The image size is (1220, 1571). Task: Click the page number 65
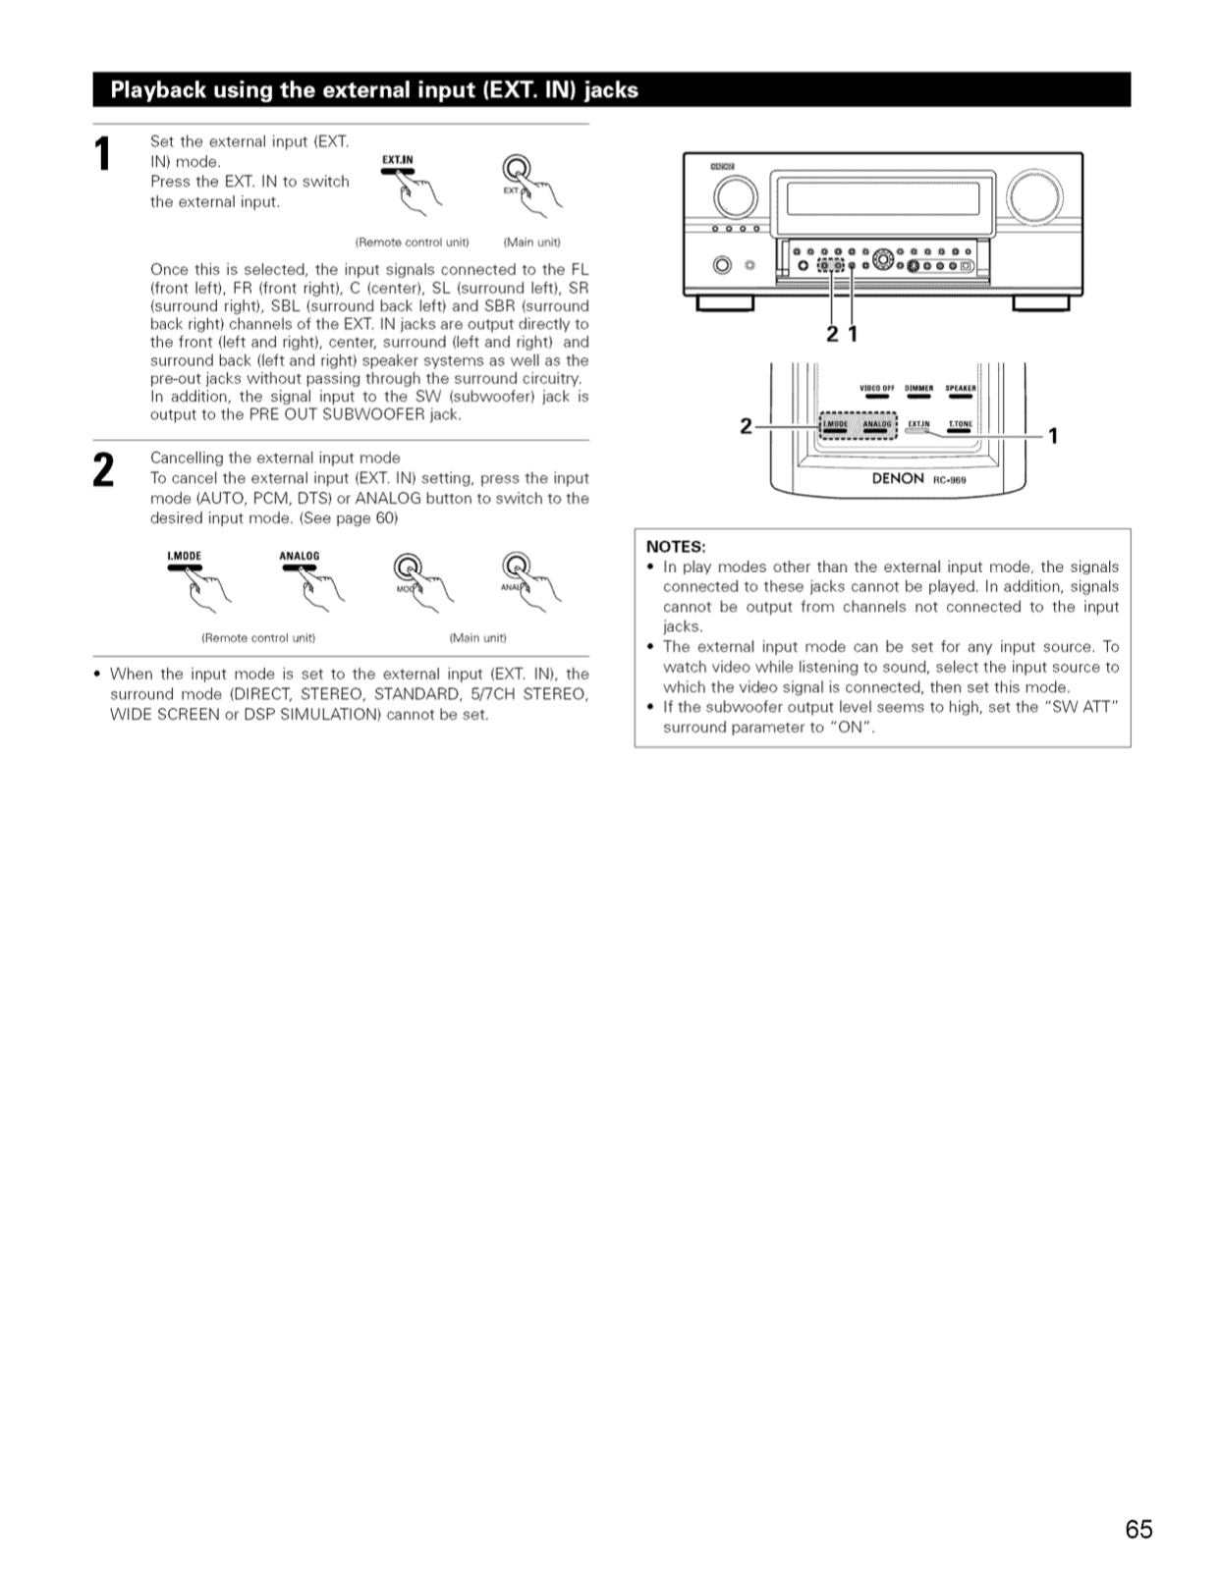[1138, 1529]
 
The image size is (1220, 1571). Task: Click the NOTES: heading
[676, 547]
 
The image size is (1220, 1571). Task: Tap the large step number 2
[103, 470]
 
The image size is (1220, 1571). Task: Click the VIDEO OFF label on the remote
[876, 388]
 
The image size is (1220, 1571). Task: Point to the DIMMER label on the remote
[918, 388]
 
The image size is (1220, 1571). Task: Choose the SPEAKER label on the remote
[961, 388]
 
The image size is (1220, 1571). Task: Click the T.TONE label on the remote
[961, 423]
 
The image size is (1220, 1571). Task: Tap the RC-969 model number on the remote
[950, 480]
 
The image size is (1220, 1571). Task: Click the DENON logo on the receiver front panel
[722, 166]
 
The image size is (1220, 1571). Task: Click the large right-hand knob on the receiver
[1033, 196]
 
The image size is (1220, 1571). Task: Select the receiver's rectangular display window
[883, 198]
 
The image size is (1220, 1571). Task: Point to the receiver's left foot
[725, 303]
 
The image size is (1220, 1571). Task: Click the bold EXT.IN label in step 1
[398, 160]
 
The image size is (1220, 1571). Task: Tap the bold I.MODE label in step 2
[185, 556]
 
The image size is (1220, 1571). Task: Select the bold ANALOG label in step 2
[300, 556]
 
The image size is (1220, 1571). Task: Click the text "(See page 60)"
[349, 518]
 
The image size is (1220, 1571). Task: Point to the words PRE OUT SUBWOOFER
[337, 415]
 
